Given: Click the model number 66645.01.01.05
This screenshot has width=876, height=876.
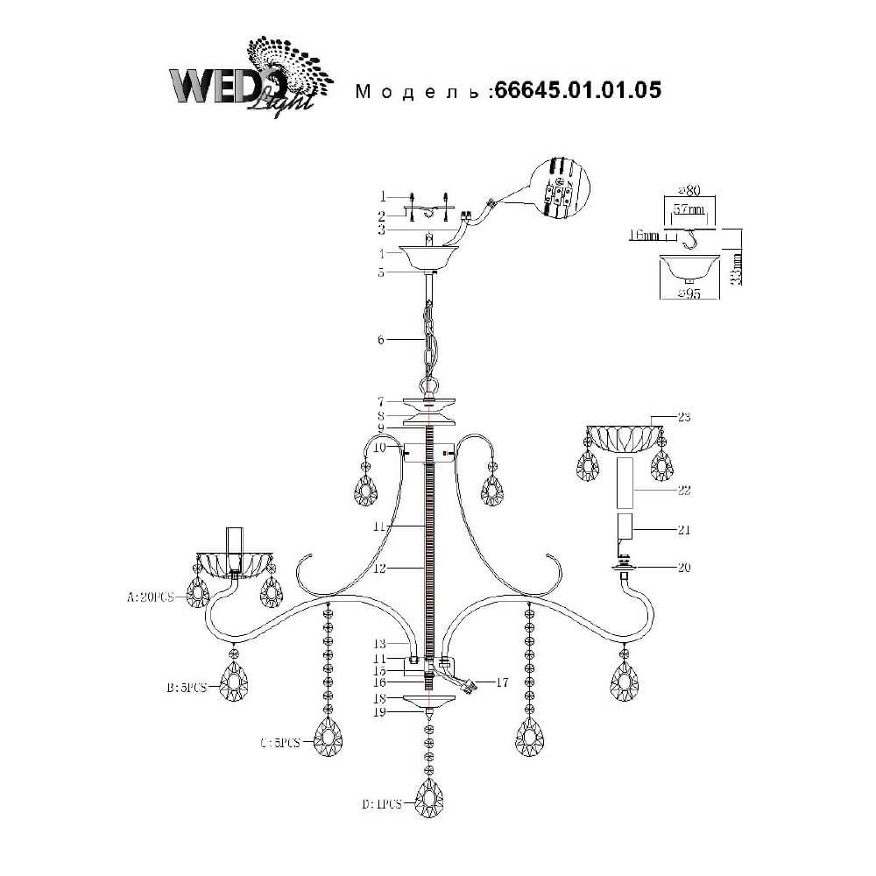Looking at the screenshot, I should [577, 90].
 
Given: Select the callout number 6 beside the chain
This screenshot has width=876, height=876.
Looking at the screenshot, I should [382, 339].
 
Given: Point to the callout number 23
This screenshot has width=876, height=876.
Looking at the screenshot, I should [683, 417].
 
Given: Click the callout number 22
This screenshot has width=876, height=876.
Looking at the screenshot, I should [683, 491].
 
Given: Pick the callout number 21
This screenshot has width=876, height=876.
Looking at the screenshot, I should [683, 529].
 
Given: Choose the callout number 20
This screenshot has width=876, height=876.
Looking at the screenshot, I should [683, 568].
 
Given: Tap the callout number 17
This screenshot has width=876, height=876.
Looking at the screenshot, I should [501, 680].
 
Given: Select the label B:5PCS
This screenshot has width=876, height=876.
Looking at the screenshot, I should [186, 688].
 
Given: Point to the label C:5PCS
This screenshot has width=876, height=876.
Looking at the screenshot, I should [280, 743].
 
